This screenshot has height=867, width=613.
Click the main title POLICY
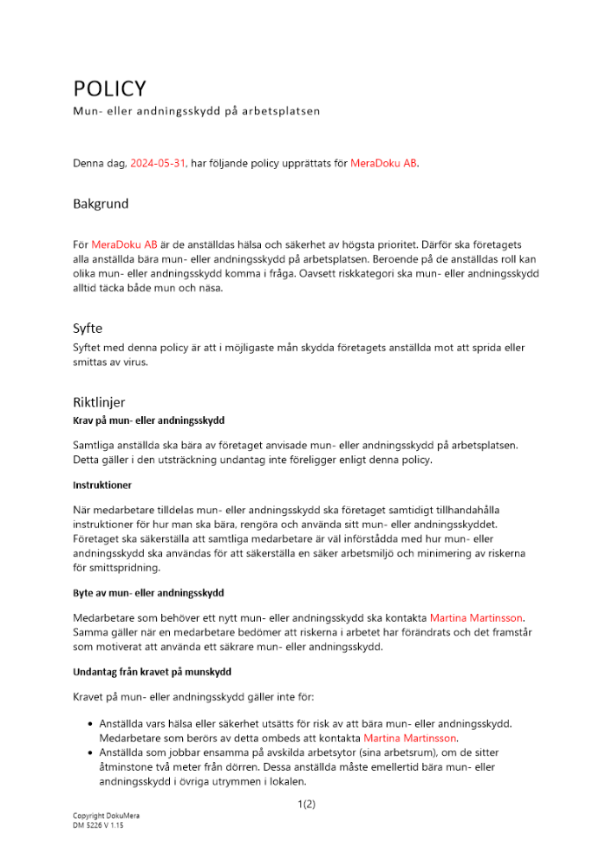pos(109,88)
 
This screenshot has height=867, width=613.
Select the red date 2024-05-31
pos(158,163)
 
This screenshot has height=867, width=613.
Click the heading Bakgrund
pos(101,204)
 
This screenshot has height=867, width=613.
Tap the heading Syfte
pos(88,329)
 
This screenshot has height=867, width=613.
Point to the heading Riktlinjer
pos(99,402)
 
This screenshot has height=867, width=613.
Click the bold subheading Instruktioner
pos(102,485)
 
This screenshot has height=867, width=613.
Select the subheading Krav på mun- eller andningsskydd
pos(148,420)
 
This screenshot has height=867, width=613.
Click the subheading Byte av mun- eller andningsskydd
pos(148,593)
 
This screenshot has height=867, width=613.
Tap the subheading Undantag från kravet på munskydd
pos(152,672)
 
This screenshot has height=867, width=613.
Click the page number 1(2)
pos(306,805)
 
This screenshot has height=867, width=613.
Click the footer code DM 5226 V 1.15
pos(99,825)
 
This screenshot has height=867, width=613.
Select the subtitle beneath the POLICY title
pos(197,111)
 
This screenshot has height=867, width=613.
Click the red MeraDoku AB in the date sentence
pos(383,163)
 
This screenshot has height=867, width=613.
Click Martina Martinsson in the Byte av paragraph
pos(477,618)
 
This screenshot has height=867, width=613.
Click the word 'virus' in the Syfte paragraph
pos(135,362)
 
